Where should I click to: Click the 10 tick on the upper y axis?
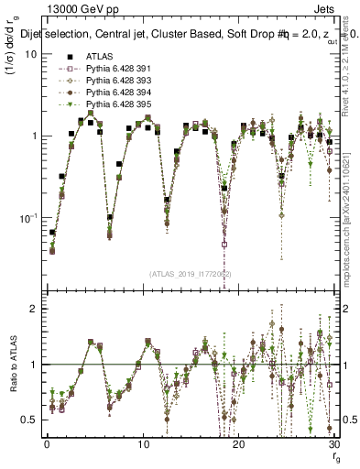[x=30, y=54]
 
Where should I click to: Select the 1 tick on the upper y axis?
[x=33, y=136]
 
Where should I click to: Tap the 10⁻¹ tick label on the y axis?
[x=28, y=217]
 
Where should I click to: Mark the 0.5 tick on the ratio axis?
[x=29, y=420]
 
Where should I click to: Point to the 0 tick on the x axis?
[x=47, y=443]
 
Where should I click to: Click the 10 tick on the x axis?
[x=143, y=443]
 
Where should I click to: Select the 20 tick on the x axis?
[x=239, y=443]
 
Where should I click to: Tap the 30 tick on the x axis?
[x=334, y=443]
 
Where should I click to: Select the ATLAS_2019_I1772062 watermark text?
[x=190, y=273]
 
